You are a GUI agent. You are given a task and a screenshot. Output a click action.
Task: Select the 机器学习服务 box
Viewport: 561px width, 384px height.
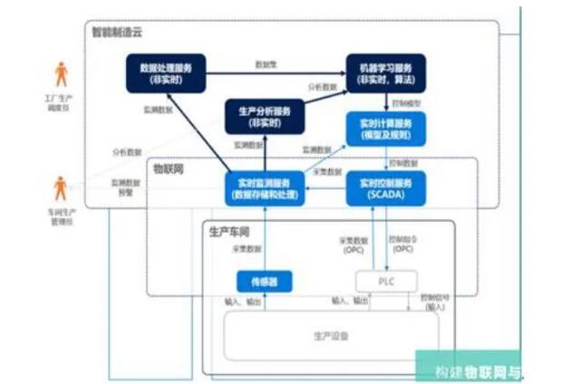click(x=385, y=72)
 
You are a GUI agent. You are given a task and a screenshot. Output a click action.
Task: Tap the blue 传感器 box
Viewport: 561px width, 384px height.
click(x=264, y=282)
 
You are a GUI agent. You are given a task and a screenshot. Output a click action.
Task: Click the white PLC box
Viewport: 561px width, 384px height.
click(x=385, y=282)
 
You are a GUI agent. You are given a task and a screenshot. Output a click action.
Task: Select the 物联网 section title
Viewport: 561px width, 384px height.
click(x=169, y=168)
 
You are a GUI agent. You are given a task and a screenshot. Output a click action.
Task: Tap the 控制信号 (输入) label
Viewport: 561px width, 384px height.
click(x=436, y=302)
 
